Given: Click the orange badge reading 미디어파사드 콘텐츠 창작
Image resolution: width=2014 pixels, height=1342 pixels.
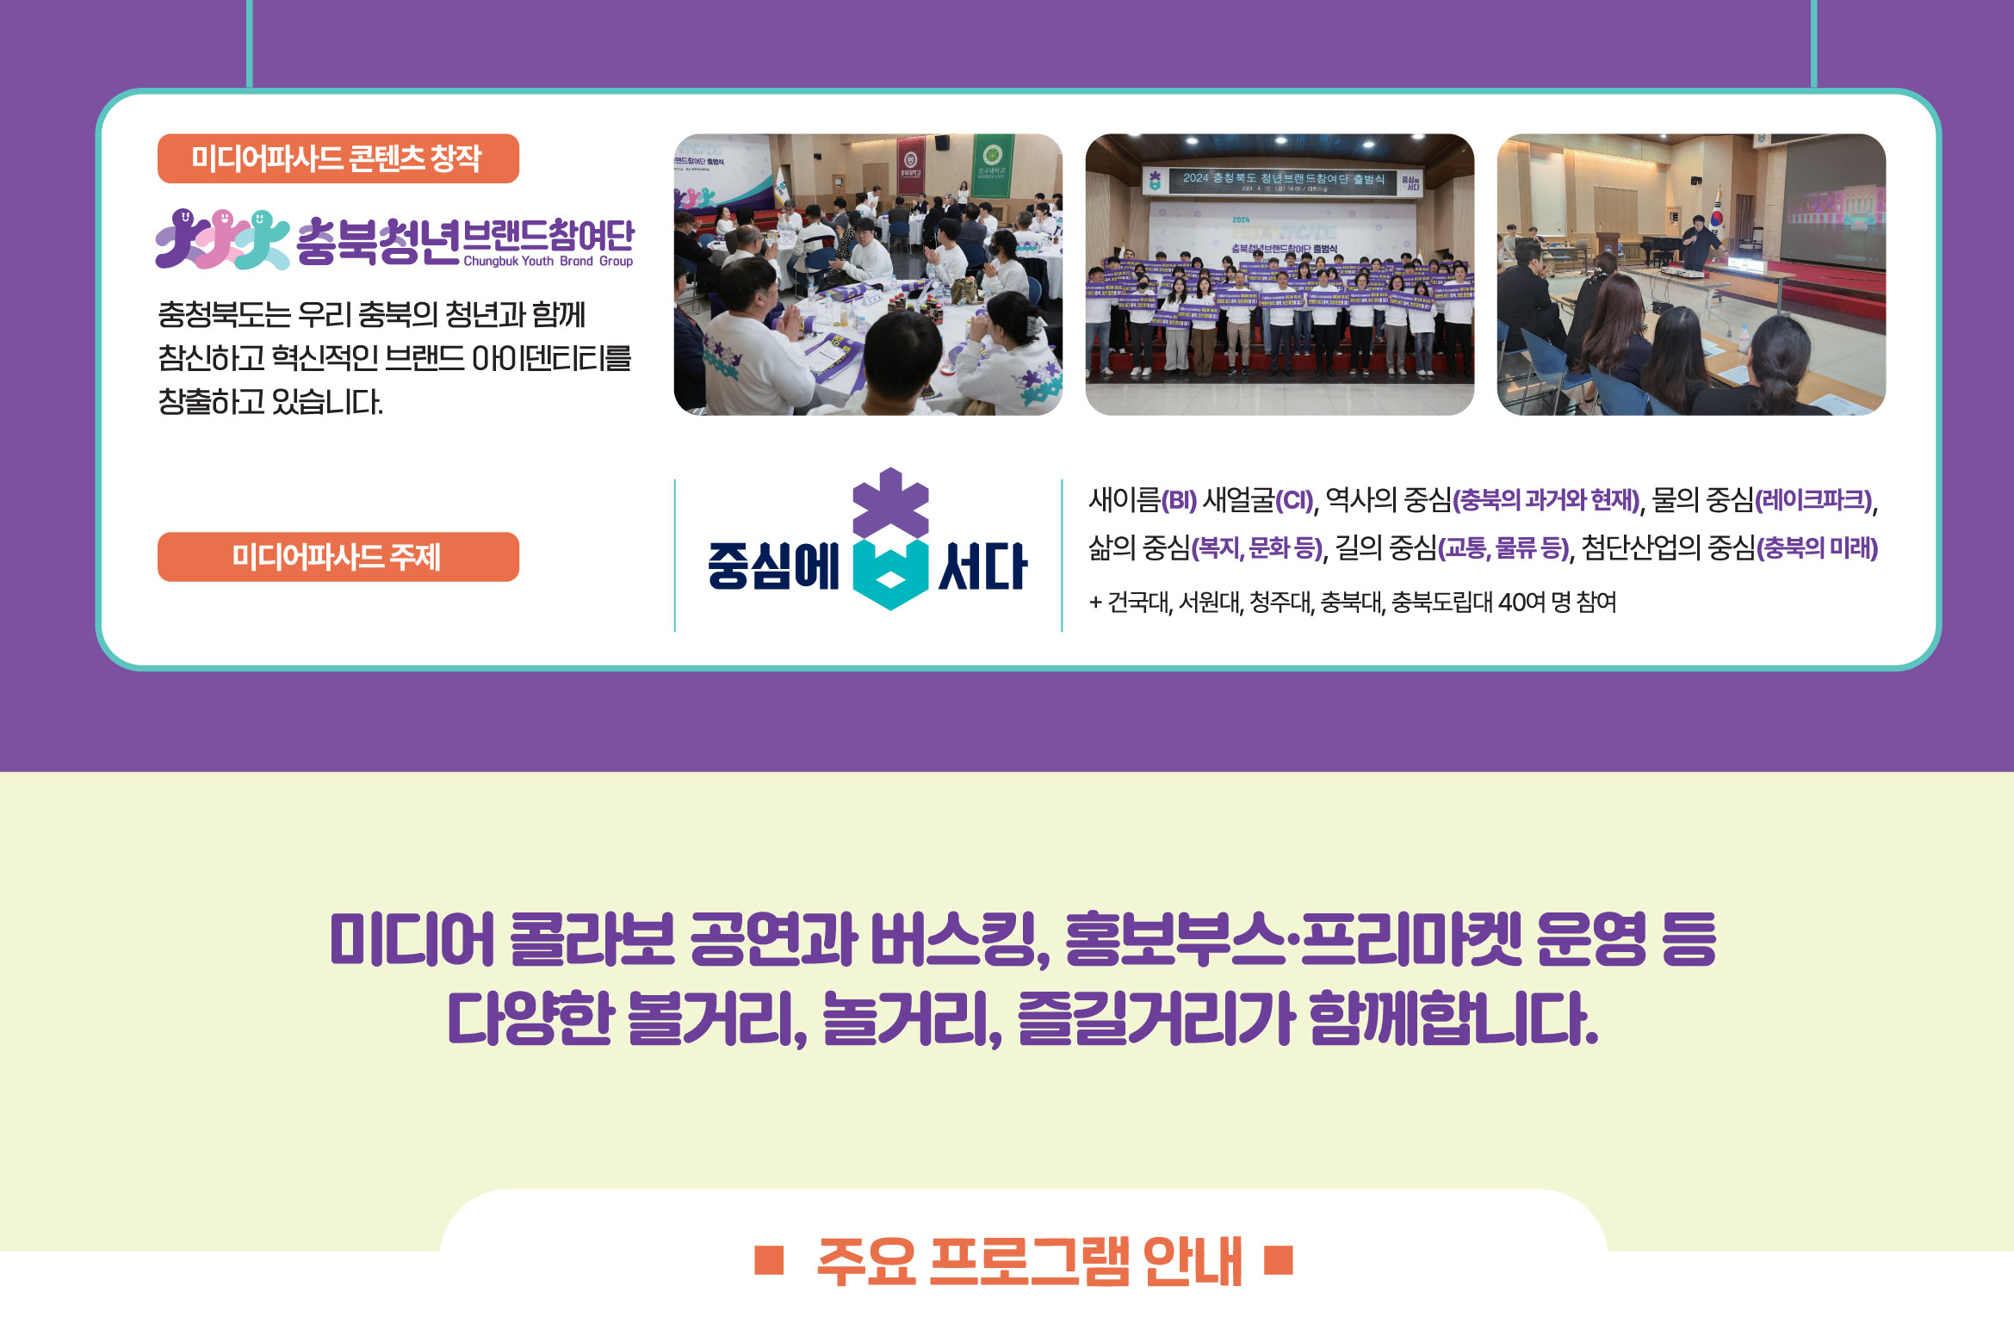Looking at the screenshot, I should tap(338, 158).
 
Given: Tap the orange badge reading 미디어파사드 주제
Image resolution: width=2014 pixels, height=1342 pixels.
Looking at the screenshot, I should tap(338, 557).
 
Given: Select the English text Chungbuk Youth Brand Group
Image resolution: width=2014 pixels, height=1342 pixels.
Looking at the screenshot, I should tap(548, 261).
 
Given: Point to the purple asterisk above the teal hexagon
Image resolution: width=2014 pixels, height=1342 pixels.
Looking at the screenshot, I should tap(890, 504).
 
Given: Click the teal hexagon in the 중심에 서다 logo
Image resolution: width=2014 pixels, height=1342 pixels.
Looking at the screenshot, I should tap(890, 574).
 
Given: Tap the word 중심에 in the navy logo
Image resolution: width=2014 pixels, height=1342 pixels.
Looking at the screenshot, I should tap(773, 566).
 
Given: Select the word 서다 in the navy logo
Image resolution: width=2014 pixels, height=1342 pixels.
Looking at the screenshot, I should tap(982, 566).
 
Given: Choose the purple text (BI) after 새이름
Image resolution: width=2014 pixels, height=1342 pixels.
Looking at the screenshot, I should tap(1179, 500).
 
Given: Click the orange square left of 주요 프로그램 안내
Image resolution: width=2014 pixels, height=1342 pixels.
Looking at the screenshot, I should tap(768, 1260).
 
